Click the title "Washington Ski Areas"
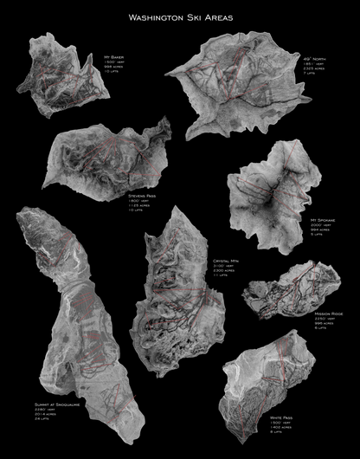(x=180, y=16)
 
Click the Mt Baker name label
(x=114, y=56)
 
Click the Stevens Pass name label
(x=143, y=197)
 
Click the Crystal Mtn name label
(x=226, y=261)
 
